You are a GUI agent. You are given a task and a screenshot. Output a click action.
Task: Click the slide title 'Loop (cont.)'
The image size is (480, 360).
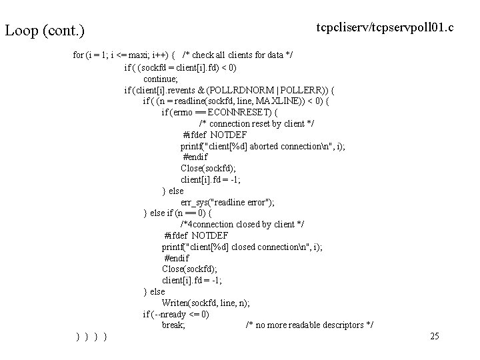tap(45, 31)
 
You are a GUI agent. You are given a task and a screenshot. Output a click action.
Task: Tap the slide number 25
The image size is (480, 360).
tap(435, 336)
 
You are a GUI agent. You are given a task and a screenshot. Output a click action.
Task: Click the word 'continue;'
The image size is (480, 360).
tap(161, 79)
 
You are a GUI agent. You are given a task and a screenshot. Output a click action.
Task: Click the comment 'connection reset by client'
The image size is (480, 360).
tap(257, 123)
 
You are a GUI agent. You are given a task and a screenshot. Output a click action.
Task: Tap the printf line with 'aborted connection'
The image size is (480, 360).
tap(262, 146)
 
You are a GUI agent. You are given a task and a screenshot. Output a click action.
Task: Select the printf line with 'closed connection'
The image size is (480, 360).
tap(242, 247)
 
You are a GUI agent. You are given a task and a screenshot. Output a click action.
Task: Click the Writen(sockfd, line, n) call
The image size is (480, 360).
tap(205, 303)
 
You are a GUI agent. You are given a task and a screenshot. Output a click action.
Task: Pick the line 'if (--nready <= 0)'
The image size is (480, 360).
tap(176, 314)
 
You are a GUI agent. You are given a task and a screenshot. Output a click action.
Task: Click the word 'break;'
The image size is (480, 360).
tap(173, 325)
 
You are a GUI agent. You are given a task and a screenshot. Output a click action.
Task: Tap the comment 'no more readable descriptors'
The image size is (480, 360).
tap(309, 325)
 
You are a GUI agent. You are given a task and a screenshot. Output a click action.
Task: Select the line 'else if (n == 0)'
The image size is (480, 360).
tap(178, 213)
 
